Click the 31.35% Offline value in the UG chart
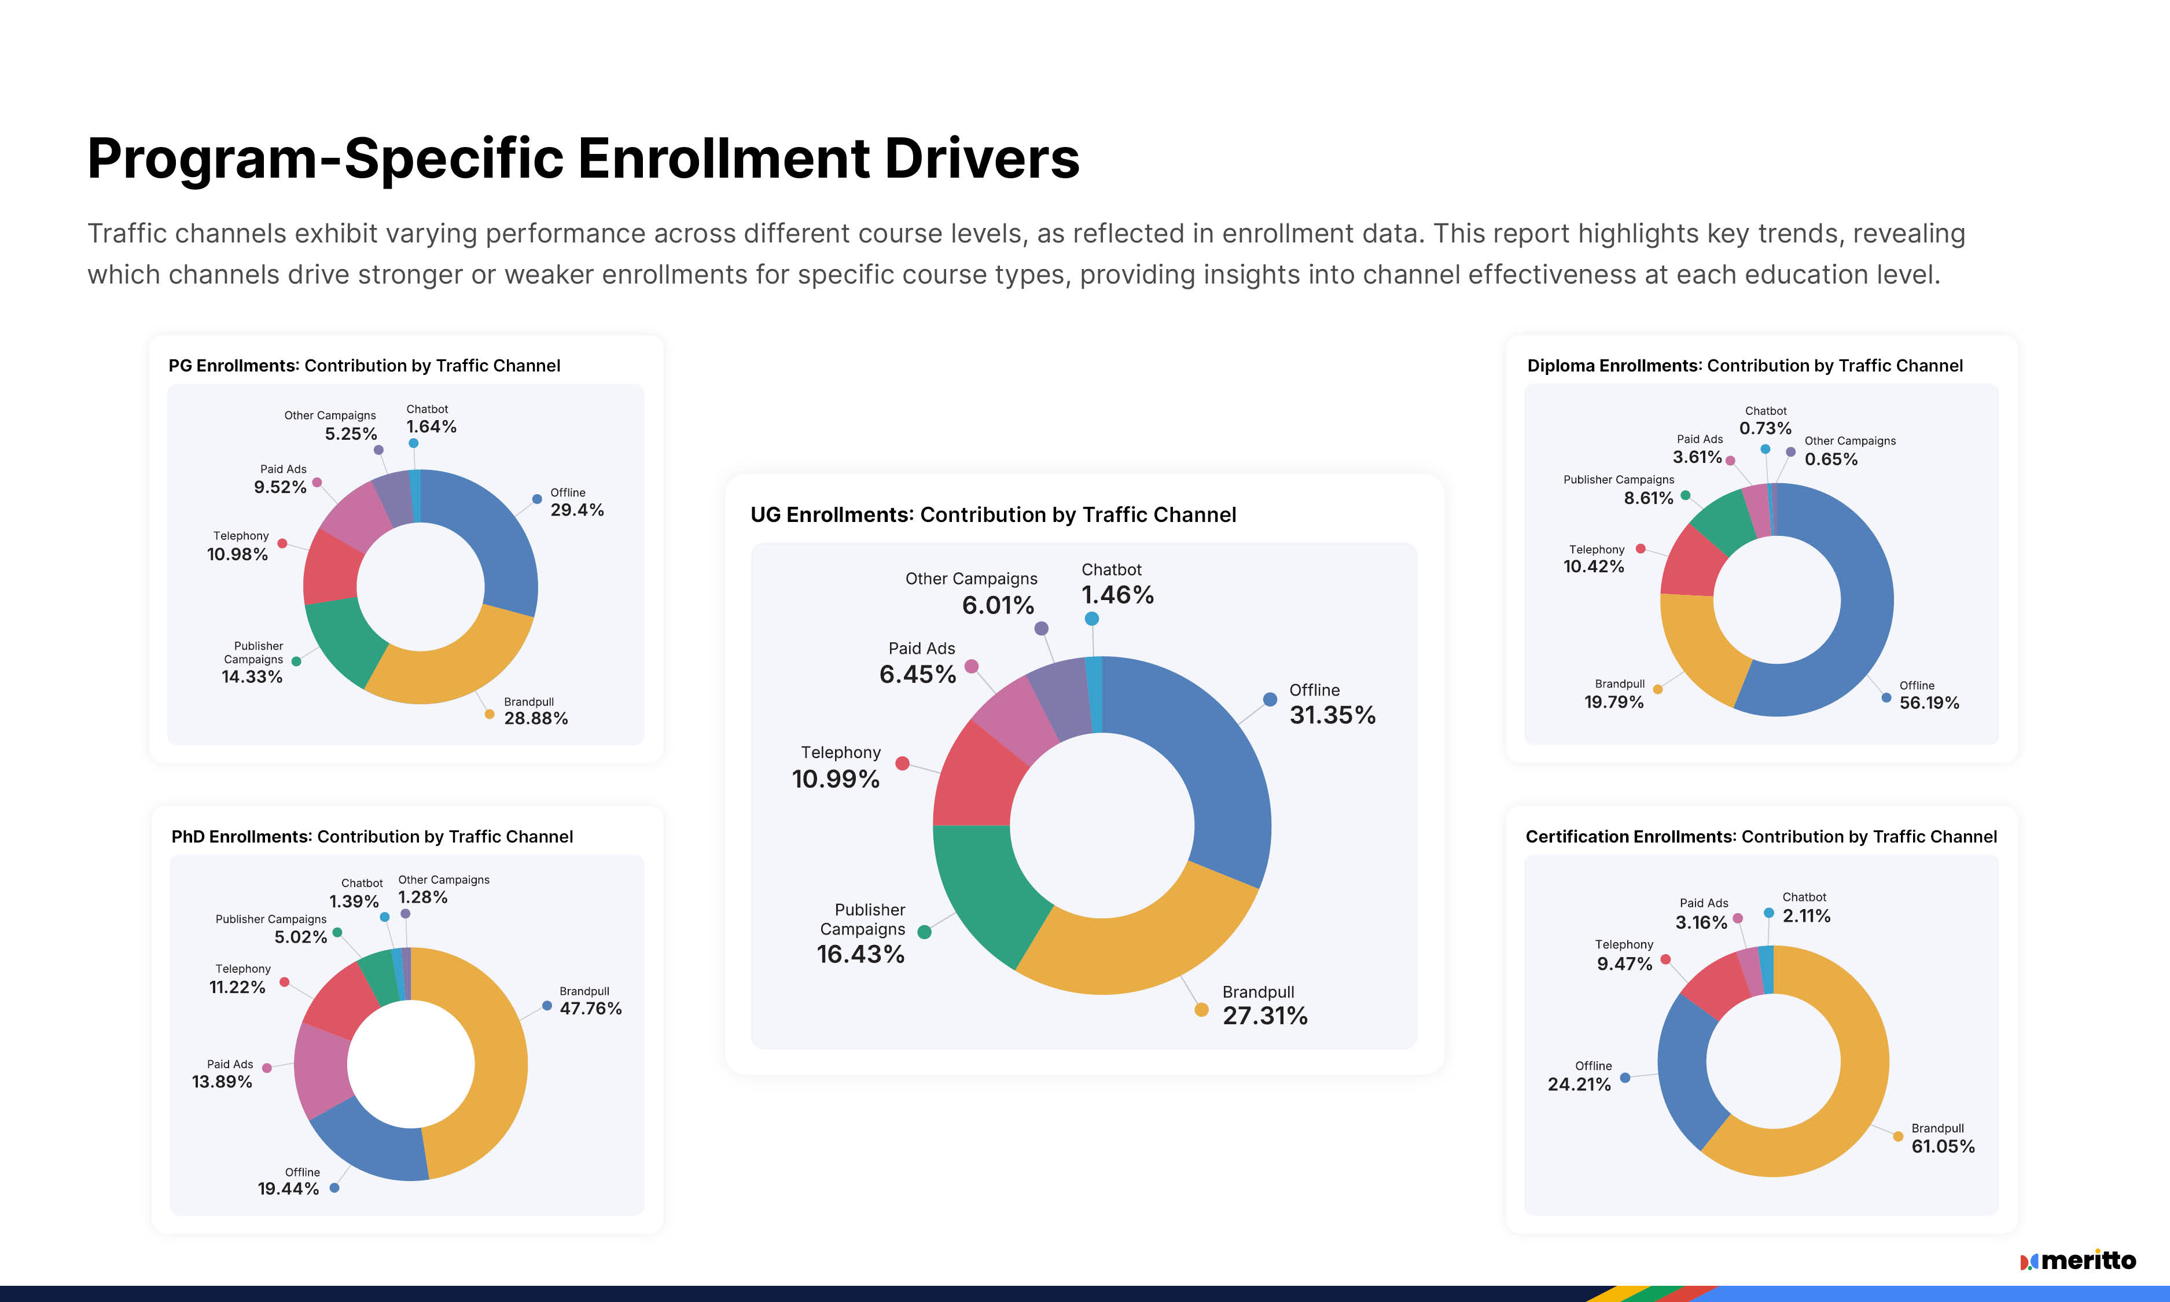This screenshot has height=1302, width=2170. click(1332, 715)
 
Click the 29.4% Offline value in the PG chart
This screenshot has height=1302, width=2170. click(576, 510)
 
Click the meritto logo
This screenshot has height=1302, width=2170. click(2078, 1261)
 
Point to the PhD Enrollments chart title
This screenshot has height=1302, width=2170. click(372, 836)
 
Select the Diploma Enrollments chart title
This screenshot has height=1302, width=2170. click(1744, 365)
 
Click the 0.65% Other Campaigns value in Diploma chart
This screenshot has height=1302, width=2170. click(1830, 459)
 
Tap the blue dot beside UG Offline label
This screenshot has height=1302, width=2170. click(1269, 699)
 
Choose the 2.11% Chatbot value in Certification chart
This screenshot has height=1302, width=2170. click(1806, 916)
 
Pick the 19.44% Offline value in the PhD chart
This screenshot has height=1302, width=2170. click(288, 1189)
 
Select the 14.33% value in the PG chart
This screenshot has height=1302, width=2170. click(252, 676)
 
